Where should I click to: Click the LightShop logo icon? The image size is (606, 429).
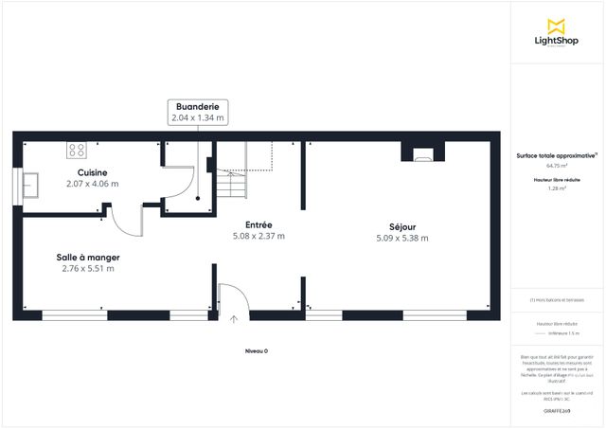tap(557, 27)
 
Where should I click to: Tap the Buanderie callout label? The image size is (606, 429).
tap(198, 113)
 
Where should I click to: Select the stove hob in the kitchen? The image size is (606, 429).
tap(77, 150)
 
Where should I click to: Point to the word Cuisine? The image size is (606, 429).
tap(92, 172)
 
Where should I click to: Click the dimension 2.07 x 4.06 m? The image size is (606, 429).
tap(92, 184)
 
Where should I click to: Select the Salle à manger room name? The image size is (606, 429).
tap(88, 257)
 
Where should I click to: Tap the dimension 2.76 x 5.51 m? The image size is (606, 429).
tap(88, 268)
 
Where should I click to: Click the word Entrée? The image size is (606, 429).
tap(258, 224)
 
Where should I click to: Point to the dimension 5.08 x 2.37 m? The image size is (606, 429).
tap(258, 236)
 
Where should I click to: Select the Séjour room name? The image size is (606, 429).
tap(402, 227)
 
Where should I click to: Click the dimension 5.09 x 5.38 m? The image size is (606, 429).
tap(402, 239)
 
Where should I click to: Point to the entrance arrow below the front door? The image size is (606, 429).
tap(234, 320)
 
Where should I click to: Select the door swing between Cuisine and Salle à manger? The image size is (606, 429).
tap(127, 223)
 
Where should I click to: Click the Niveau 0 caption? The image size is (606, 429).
tap(256, 350)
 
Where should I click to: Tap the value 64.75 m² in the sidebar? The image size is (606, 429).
tap(557, 165)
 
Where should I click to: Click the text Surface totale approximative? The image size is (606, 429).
tap(556, 154)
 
